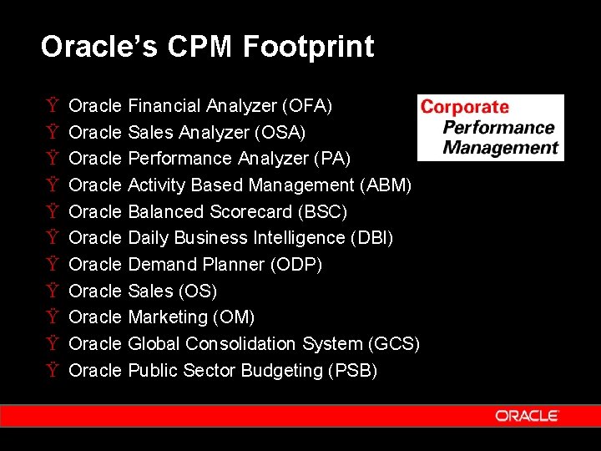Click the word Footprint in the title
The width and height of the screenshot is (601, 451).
pos(309,47)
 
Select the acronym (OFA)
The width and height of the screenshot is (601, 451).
pos(307,106)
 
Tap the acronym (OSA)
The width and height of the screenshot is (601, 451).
pos(280,133)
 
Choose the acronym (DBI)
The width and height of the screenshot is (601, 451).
pos(371,238)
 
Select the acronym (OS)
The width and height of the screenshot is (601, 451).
pos(198,291)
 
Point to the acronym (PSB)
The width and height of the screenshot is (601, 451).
pos(354,371)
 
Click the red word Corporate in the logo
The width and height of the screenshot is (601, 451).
pos(464,107)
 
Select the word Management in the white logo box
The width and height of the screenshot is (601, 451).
pos(500,148)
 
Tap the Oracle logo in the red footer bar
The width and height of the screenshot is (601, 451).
pos(527,416)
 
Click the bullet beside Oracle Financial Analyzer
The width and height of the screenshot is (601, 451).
pos(53,106)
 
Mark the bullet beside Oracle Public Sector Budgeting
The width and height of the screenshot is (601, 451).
pos(53,371)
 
